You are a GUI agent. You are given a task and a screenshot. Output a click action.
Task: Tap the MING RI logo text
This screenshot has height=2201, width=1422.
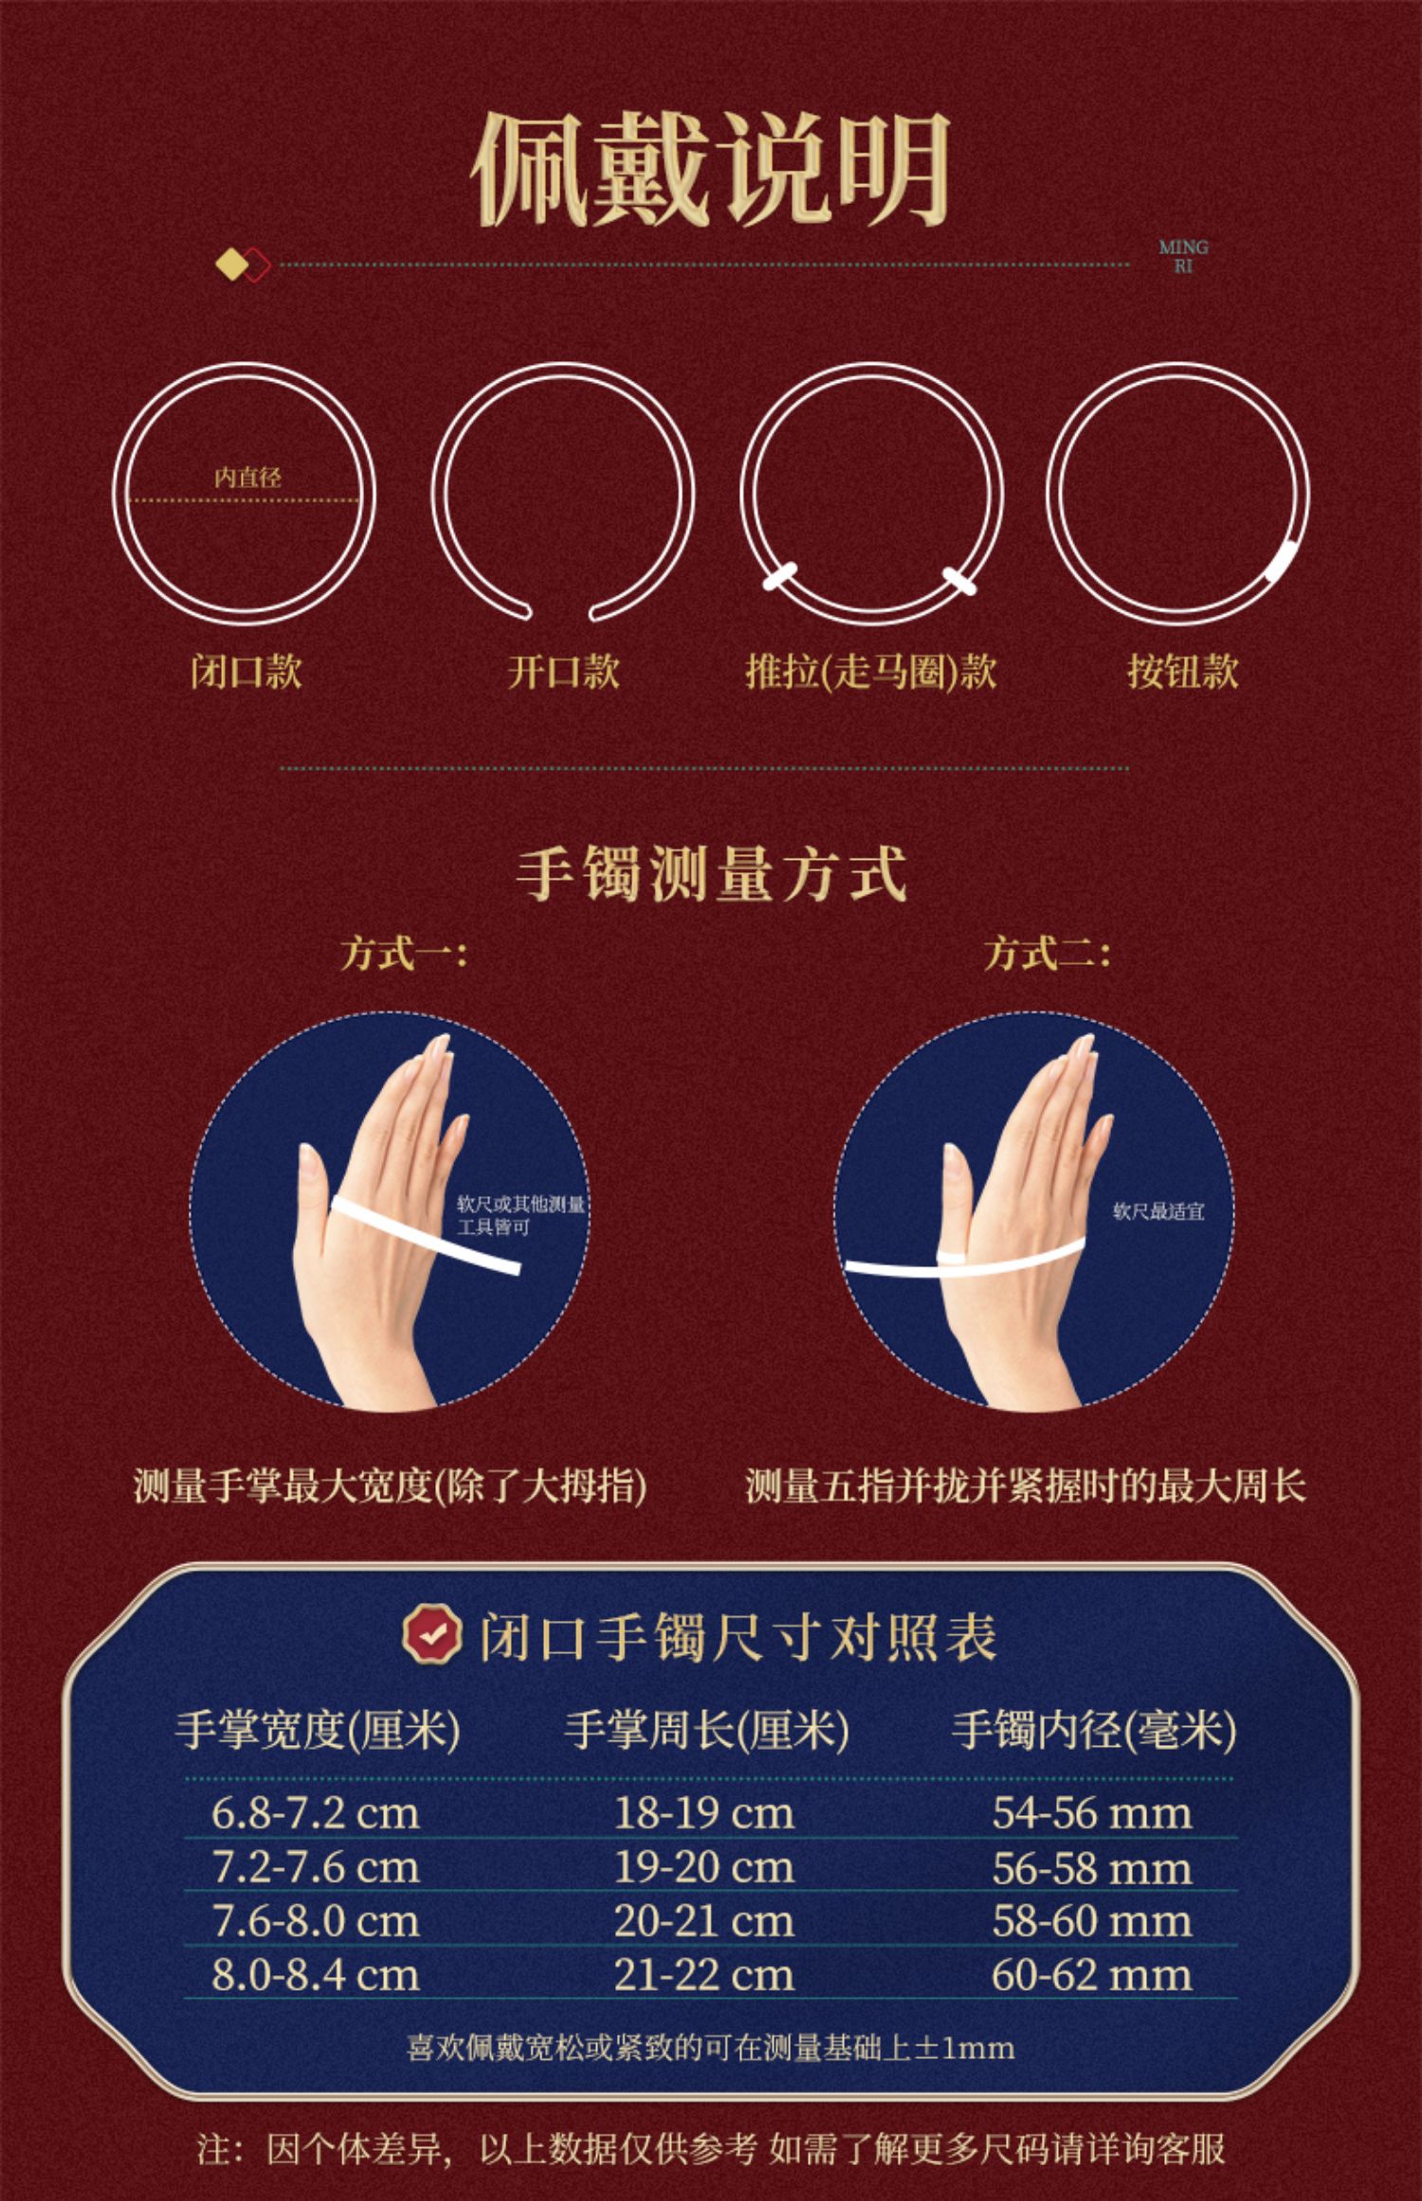click(1183, 257)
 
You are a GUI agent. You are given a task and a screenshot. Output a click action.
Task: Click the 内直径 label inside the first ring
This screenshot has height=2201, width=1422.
click(247, 477)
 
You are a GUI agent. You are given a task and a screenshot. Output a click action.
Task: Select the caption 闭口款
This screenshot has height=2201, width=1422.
click(246, 671)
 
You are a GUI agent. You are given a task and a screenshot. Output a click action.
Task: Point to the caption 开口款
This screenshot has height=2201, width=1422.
click(563, 671)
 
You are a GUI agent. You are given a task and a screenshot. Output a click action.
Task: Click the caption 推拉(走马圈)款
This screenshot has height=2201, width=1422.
click(870, 671)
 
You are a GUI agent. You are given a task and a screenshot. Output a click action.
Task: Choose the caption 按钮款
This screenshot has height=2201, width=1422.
click(1182, 671)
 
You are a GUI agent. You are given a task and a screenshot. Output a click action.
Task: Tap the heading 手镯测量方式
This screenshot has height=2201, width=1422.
click(711, 873)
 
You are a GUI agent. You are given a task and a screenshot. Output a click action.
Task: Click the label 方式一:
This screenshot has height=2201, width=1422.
click(404, 953)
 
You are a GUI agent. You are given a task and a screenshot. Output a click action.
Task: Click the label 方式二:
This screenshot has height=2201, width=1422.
click(1047, 953)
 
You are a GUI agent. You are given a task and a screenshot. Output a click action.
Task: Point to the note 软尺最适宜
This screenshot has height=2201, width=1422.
click(1158, 1211)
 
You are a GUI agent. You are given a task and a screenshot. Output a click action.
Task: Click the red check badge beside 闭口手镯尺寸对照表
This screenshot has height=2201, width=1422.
click(431, 1635)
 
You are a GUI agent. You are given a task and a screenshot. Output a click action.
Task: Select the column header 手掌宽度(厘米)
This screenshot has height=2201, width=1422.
click(318, 1730)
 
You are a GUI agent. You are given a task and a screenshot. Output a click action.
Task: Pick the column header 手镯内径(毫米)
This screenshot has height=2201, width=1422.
click(1094, 1730)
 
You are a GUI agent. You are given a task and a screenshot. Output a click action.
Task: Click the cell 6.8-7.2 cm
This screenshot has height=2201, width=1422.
click(315, 1813)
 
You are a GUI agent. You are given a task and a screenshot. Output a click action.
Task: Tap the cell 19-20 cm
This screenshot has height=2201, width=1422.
click(703, 1867)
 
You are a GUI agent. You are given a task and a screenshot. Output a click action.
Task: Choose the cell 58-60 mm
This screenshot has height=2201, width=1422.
click(1092, 1921)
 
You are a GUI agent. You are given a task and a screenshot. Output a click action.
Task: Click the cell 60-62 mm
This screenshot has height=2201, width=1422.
click(1092, 1975)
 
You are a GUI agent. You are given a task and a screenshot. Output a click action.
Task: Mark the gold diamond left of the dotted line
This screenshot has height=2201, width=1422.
click(230, 264)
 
